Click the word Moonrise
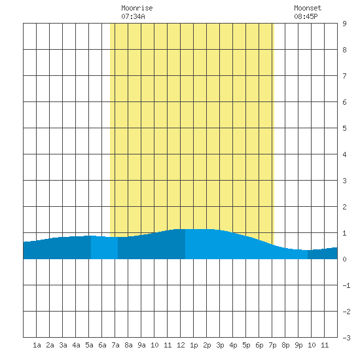click(x=137, y=9)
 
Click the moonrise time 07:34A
click(x=133, y=16)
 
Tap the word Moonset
click(x=308, y=9)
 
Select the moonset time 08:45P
click(x=306, y=16)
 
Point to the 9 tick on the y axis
click(x=344, y=24)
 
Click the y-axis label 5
click(x=344, y=128)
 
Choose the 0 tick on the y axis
click(x=344, y=259)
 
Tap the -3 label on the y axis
click(x=346, y=338)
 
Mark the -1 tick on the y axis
click(x=346, y=285)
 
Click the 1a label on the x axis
click(x=37, y=345)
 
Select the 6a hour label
click(x=102, y=345)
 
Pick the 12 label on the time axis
click(x=181, y=345)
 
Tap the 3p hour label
click(x=220, y=345)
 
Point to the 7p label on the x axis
click(x=272, y=345)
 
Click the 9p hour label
click(x=298, y=345)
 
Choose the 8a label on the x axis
click(x=128, y=345)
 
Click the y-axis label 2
click(x=344, y=207)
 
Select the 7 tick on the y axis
click(x=344, y=76)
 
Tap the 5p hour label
click(x=246, y=345)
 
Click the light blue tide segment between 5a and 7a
click(x=104, y=247)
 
